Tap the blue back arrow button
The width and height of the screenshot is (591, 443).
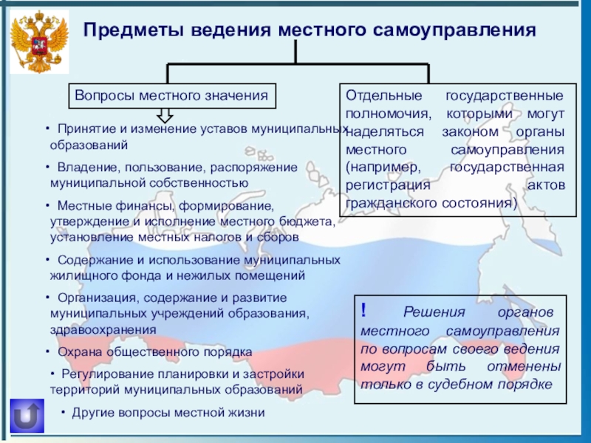[27, 416]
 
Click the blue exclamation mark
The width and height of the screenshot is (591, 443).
[364, 311]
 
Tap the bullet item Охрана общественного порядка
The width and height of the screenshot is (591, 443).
[154, 351]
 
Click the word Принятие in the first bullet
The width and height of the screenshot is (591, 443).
[83, 128]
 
